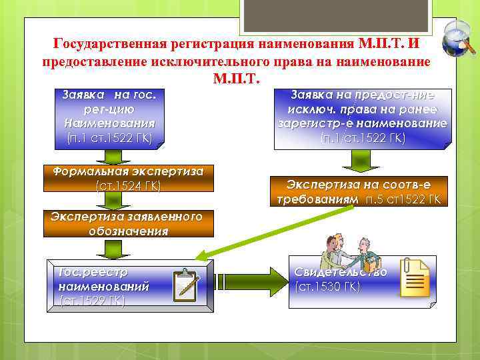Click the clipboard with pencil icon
[x=186, y=285]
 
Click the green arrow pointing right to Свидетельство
[x=250, y=280]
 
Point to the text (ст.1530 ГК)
[x=327, y=287]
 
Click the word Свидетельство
[x=340, y=273]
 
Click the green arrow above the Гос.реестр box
[x=107, y=248]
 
